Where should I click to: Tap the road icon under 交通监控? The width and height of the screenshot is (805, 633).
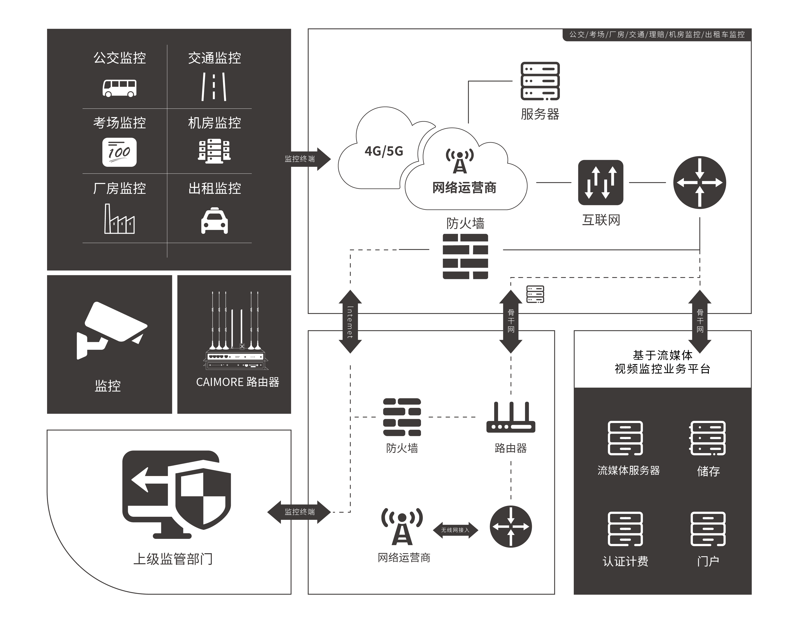click(214, 87)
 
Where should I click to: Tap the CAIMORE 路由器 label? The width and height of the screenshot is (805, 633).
click(237, 382)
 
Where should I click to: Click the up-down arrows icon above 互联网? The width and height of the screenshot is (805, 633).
click(601, 182)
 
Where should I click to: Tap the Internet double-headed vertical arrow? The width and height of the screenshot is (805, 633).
click(350, 322)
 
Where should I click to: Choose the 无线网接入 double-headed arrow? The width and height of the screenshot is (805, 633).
click(455, 530)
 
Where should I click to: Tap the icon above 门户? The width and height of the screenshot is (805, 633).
click(708, 529)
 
